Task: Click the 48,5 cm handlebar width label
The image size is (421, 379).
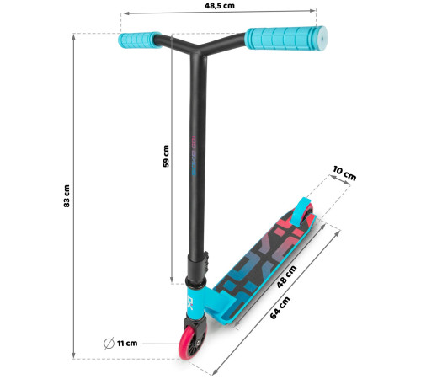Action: (x=219, y=6)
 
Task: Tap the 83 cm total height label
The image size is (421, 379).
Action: (x=67, y=196)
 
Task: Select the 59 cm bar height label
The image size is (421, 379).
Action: (x=166, y=156)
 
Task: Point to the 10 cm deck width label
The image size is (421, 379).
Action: (x=344, y=173)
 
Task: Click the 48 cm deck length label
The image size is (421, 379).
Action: (x=286, y=277)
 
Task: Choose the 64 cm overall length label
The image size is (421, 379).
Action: (x=280, y=308)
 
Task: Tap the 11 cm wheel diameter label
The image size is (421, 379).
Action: (x=127, y=343)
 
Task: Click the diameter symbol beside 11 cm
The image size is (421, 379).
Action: (x=109, y=343)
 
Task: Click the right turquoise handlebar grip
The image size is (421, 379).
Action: (x=285, y=39)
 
